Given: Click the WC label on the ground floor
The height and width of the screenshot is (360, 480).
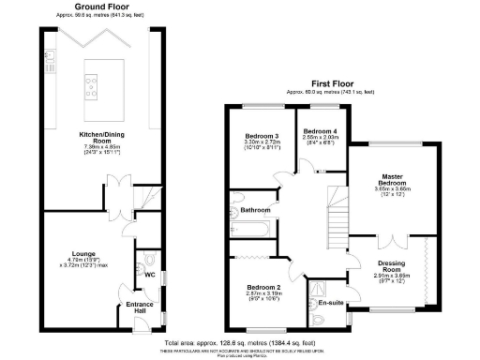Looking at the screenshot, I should [148, 276].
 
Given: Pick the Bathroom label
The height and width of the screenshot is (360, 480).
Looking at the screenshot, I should [255, 211].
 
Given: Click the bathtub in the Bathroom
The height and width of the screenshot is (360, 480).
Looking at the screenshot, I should [250, 227].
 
